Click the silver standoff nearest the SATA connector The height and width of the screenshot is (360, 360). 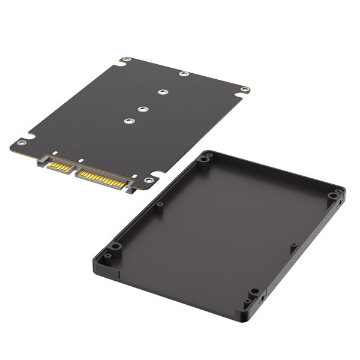pos(128,121)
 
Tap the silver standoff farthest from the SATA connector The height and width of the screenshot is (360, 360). pos(183,74)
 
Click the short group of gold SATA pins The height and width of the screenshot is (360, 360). pos(58,165)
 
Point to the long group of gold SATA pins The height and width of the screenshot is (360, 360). pos(101,178)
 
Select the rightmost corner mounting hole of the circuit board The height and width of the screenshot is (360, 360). pos(244,89)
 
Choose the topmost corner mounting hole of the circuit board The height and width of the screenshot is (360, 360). pos(126,60)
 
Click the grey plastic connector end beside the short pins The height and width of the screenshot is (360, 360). pos(43,160)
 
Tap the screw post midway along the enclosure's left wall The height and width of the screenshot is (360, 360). pos(160,205)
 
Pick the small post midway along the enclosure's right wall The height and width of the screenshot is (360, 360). pos(293,246)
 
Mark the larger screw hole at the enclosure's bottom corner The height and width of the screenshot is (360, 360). pos(255,292)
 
